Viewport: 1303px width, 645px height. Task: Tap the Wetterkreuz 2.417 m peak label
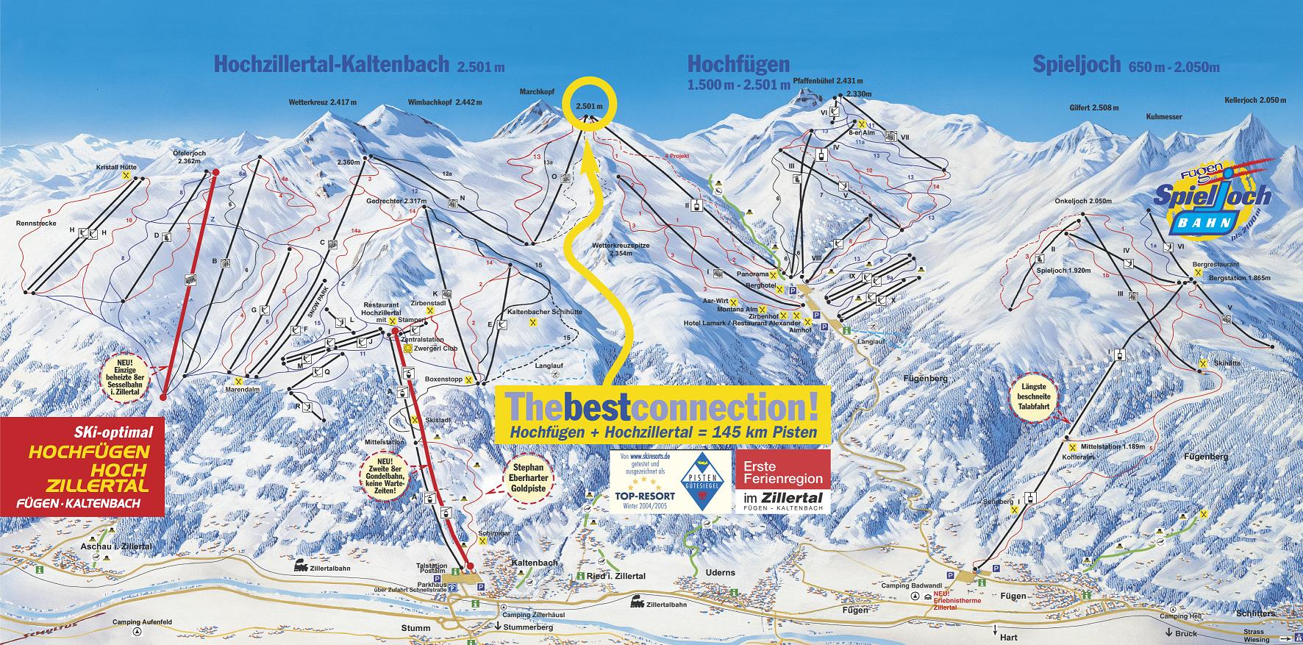[322, 102]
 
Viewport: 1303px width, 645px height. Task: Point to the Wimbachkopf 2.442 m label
[445, 102]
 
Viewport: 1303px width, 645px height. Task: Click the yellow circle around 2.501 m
[588, 105]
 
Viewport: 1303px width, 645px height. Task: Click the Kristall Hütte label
[118, 168]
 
